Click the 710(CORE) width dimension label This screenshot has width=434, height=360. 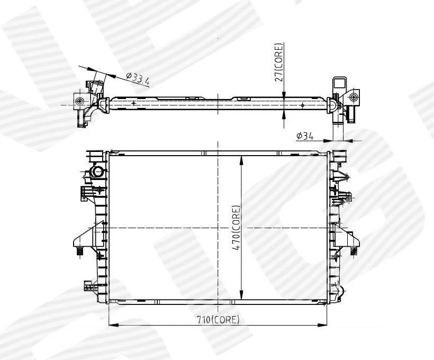click(x=218, y=320)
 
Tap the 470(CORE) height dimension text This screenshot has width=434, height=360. click(x=236, y=228)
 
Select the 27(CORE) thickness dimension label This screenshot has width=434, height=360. click(x=279, y=62)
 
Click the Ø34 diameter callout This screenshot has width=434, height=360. click(x=305, y=136)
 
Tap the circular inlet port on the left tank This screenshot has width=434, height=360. click(x=98, y=172)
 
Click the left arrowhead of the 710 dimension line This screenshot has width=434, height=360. click(x=113, y=325)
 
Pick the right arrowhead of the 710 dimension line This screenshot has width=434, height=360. click(x=322, y=325)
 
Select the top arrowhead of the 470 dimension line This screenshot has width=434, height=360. click(x=241, y=160)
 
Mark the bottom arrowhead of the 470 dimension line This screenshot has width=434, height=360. click(x=241, y=295)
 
